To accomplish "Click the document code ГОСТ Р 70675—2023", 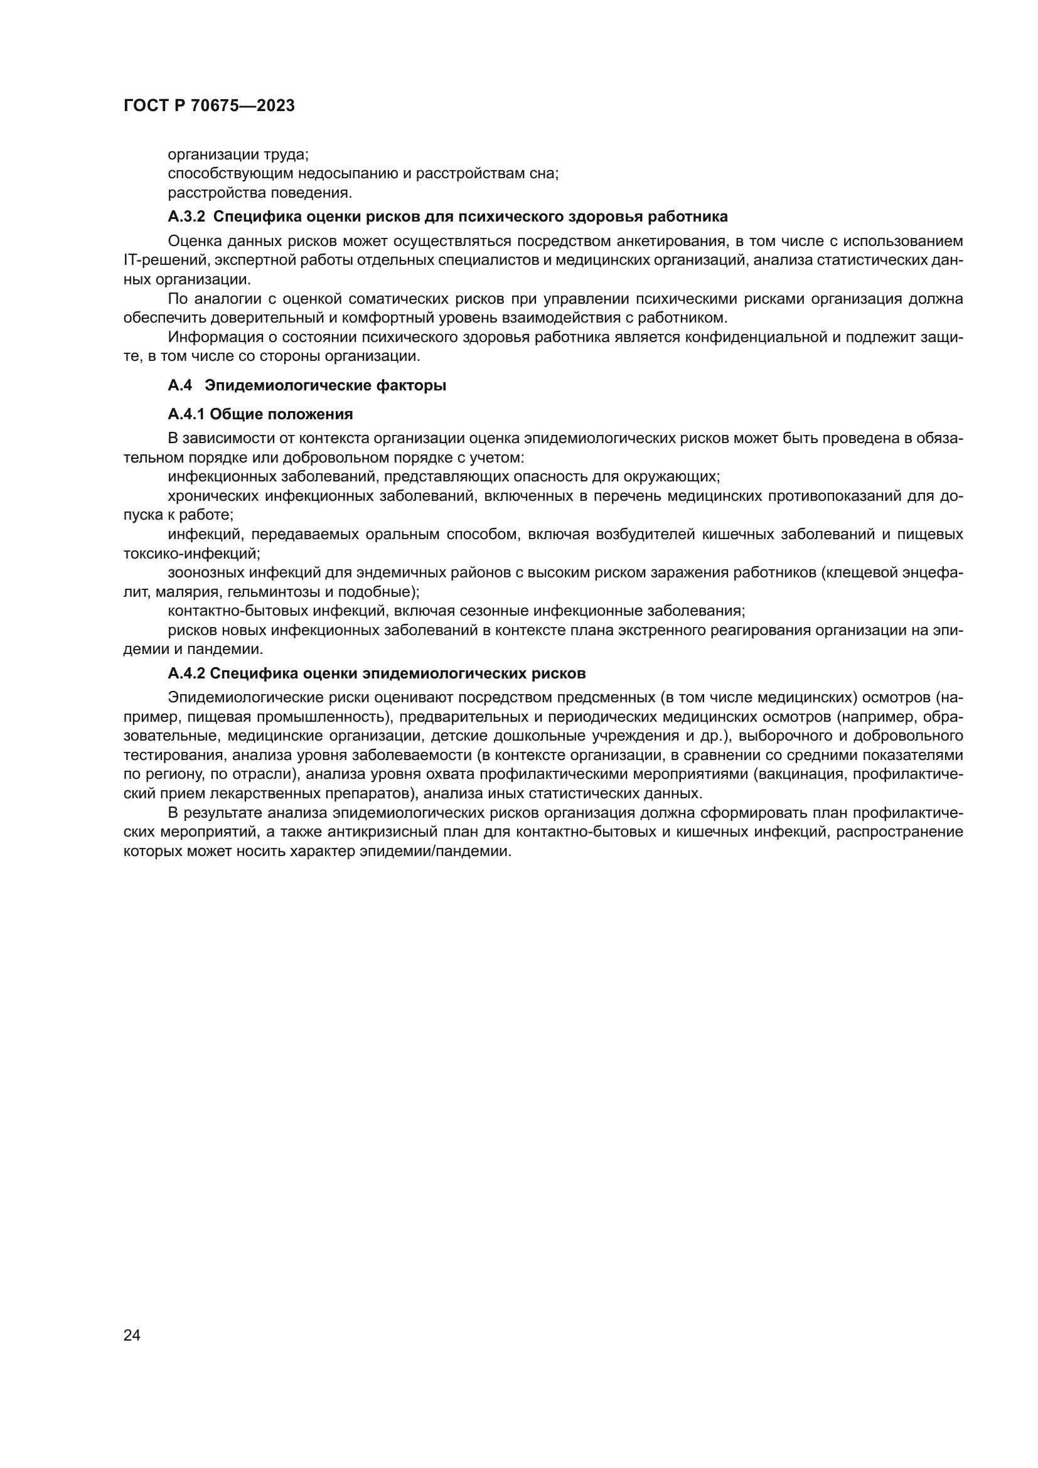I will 209,106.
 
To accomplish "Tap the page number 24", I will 132,1335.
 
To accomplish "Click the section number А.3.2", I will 186,217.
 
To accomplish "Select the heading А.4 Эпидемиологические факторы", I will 307,385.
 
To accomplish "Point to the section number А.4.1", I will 186,414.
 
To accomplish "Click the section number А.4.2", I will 186,673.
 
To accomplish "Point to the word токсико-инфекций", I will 191,553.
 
